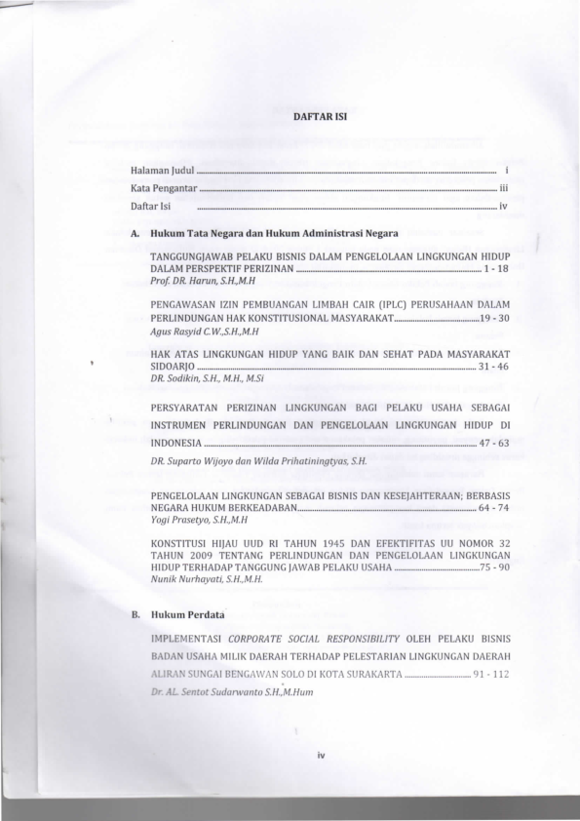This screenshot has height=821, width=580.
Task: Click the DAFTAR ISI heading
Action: point(315,115)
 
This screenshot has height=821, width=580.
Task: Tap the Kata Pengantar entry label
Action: point(165,189)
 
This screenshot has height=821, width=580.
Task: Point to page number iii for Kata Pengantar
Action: point(503,189)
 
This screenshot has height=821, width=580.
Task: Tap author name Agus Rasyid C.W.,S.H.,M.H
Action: point(198,332)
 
